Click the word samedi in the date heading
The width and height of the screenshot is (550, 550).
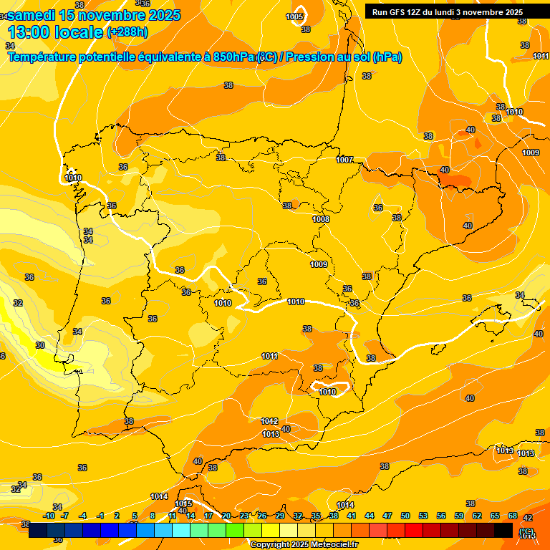(32, 15)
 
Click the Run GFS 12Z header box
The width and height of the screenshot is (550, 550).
(447, 11)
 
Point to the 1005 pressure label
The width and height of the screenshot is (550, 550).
(294, 16)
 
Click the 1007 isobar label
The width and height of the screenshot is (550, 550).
(344, 160)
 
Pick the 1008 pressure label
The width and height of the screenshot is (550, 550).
(321, 219)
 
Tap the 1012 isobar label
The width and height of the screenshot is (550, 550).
(270, 421)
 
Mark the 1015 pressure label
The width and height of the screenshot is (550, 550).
(183, 503)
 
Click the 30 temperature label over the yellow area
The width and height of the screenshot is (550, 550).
(40, 345)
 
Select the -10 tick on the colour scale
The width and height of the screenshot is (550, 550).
(49, 516)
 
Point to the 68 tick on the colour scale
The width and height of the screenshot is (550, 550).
(513, 516)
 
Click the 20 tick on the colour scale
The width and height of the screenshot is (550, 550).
(226, 516)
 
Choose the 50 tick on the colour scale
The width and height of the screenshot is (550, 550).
(405, 516)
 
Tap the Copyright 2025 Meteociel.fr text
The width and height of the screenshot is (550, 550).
(304, 544)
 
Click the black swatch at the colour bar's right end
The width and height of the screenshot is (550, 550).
(503, 530)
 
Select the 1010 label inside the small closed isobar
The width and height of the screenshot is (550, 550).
(327, 392)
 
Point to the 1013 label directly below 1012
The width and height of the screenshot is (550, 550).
(271, 434)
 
